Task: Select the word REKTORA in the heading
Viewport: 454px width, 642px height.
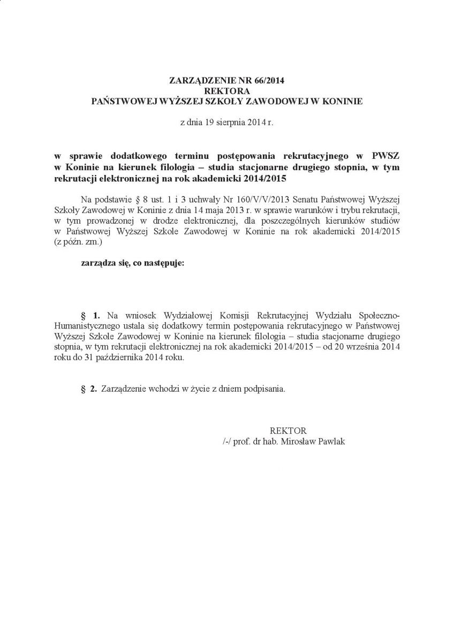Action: click(227, 91)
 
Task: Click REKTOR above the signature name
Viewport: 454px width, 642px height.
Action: click(288, 430)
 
